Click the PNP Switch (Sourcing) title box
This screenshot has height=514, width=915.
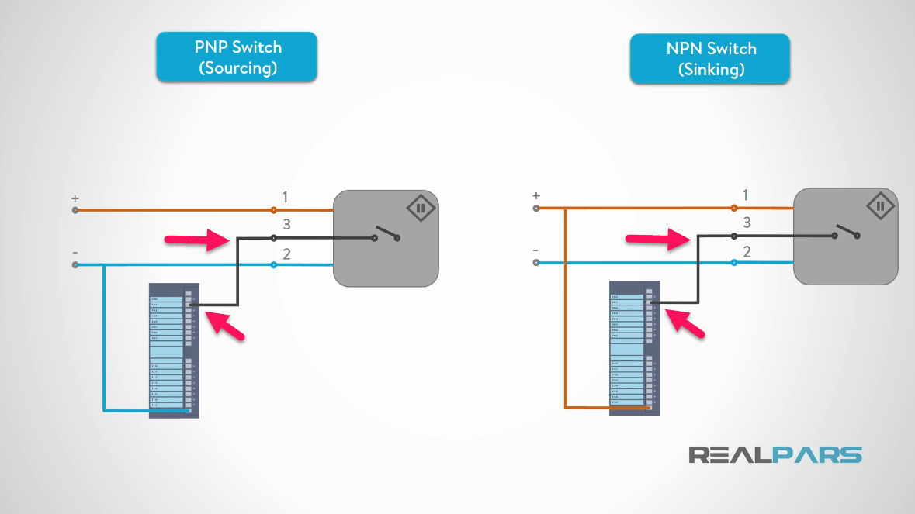[x=237, y=57]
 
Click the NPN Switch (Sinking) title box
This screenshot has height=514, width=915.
[x=710, y=58]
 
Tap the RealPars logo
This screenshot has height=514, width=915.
[x=775, y=454]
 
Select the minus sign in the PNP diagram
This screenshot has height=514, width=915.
[x=75, y=253]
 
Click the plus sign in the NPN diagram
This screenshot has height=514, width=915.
[x=535, y=196]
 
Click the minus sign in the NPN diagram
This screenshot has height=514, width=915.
[x=535, y=250]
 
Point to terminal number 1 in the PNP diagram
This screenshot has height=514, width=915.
[x=285, y=197]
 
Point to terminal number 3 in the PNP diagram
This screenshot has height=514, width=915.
[x=286, y=225]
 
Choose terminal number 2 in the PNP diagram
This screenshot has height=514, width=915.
[x=286, y=253]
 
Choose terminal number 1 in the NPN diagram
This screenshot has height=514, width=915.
[x=746, y=195]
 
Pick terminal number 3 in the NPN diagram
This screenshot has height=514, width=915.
[x=747, y=223]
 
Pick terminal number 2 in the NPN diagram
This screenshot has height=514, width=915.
[x=747, y=251]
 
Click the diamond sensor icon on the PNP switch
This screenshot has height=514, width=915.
[x=420, y=209]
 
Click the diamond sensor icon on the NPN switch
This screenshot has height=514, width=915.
[x=880, y=206]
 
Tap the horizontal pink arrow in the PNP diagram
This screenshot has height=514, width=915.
[x=199, y=241]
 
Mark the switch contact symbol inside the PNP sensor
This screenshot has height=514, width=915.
[x=385, y=233]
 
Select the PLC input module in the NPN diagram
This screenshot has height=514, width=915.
[x=634, y=347]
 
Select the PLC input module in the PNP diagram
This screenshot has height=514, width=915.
[x=174, y=350]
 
